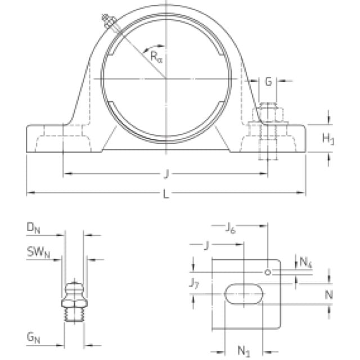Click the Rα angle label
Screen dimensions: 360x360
point(156,57)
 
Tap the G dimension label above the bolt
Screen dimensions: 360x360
point(268,82)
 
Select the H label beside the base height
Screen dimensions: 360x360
point(328,139)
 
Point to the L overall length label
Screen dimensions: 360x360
point(166,194)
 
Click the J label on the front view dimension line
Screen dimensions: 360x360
point(166,174)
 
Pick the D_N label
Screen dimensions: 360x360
point(34,228)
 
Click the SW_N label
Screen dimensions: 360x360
point(38,253)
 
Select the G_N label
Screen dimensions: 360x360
point(34,337)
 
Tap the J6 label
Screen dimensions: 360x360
point(230,228)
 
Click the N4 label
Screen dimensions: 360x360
point(306,262)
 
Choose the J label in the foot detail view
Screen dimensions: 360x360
point(206,246)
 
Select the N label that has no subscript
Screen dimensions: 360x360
point(328,295)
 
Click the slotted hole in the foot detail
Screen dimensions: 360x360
point(244,294)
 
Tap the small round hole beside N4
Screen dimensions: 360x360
point(268,272)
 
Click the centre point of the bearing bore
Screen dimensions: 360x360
point(166,79)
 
